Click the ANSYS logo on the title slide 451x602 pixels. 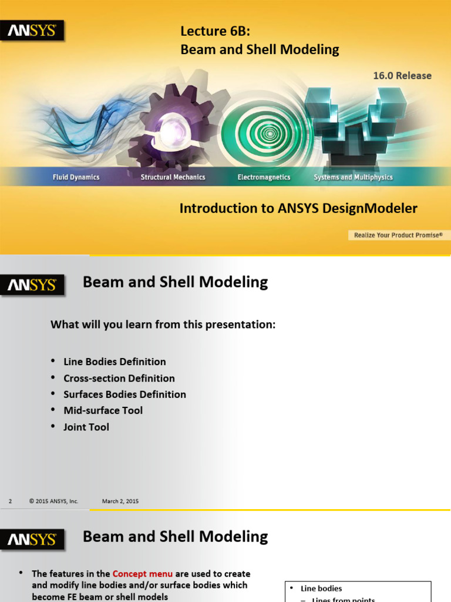(32, 31)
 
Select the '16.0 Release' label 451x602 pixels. (402, 75)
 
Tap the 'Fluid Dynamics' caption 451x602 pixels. (76, 177)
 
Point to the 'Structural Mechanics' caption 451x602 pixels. (173, 177)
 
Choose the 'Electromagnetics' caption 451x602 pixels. (264, 177)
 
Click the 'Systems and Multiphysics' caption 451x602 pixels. (353, 177)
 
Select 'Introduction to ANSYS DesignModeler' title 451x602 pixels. (298, 208)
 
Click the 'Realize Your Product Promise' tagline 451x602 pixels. (398, 235)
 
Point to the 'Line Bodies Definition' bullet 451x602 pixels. (115, 362)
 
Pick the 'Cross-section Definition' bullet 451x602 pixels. (119, 378)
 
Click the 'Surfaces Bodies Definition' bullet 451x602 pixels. (124, 394)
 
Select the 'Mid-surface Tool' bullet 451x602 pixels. (103, 410)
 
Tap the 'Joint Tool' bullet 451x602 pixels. (86, 427)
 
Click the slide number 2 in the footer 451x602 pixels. (11, 501)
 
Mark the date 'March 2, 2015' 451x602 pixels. (120, 501)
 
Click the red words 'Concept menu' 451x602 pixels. (142, 574)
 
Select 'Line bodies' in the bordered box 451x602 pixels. (321, 588)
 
